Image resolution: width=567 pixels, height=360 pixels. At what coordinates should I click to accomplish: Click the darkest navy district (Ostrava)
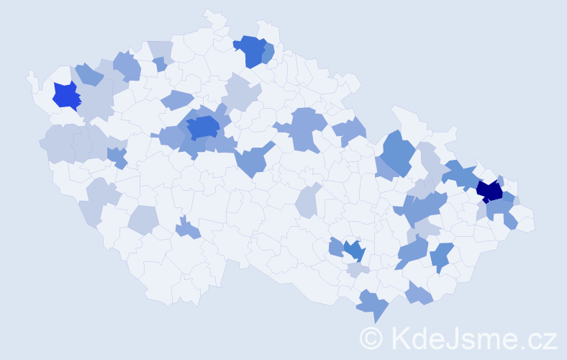[490, 191]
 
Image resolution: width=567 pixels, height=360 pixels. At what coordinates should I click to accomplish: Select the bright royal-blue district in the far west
[66, 95]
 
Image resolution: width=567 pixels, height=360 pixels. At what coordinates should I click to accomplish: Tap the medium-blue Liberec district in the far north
[251, 50]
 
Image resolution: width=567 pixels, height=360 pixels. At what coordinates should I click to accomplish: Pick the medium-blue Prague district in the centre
[204, 127]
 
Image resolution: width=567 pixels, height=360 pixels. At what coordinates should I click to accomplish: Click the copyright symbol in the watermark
[372, 338]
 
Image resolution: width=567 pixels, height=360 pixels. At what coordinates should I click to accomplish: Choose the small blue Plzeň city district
[114, 154]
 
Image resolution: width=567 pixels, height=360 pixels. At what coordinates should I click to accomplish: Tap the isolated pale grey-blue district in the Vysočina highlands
[308, 200]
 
